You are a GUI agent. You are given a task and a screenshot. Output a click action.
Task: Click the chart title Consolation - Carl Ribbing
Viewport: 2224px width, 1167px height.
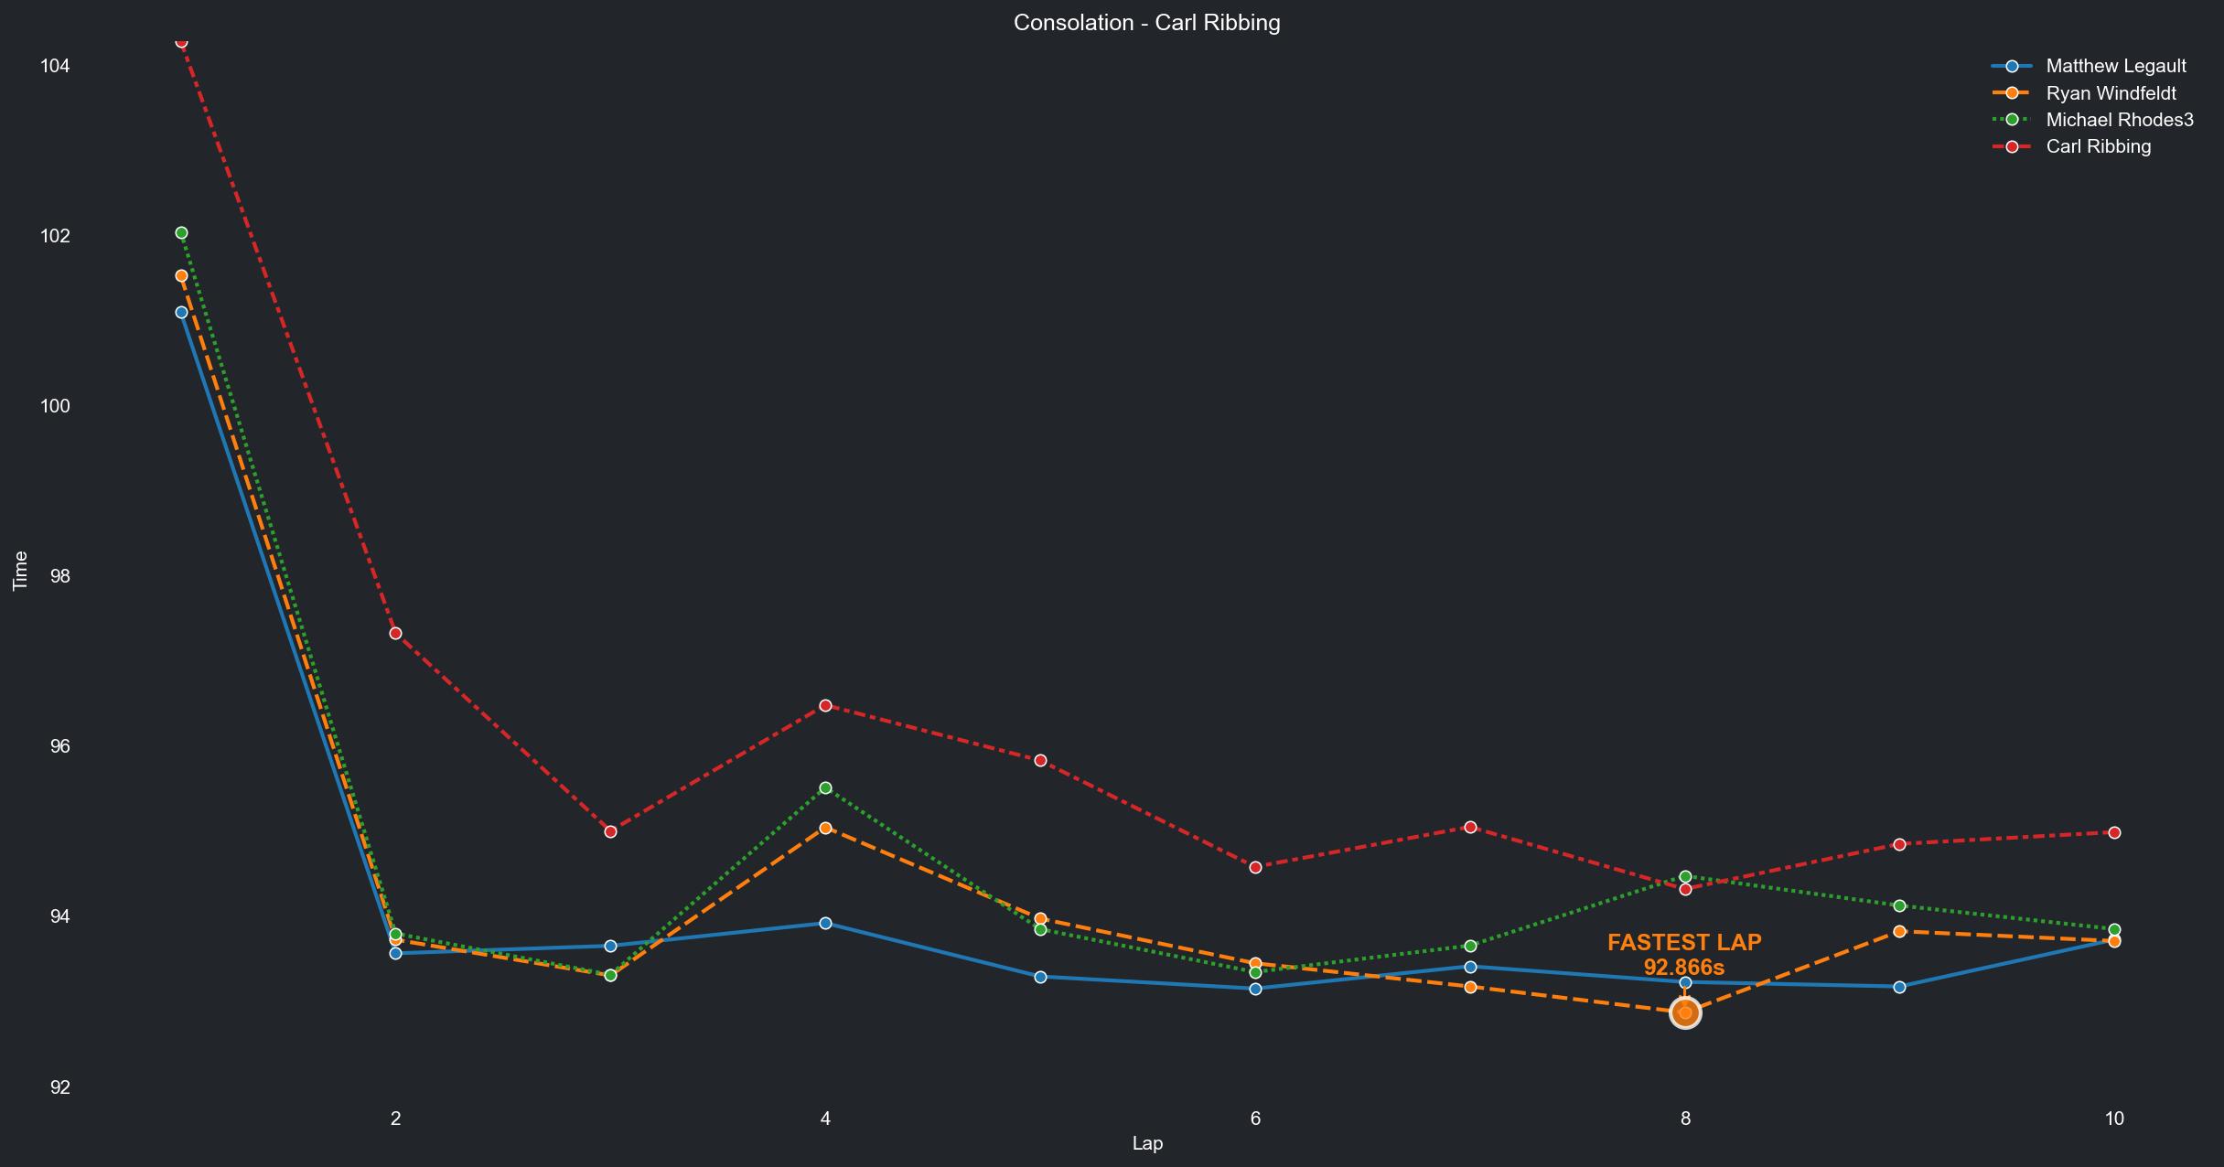click(x=1146, y=23)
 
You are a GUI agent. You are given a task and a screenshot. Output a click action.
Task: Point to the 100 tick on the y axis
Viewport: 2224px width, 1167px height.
click(x=55, y=406)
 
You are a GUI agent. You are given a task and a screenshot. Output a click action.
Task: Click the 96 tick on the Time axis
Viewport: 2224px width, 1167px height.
click(x=59, y=746)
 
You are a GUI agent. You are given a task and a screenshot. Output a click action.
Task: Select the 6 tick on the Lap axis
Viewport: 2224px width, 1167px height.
click(x=1255, y=1118)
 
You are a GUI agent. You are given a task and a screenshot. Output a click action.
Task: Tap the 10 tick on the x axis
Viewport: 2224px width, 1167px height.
click(x=2113, y=1118)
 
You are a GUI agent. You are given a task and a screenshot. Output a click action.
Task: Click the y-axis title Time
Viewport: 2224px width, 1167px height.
click(x=20, y=571)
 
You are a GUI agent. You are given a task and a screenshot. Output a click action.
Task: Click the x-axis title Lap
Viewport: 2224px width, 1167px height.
click(x=1147, y=1143)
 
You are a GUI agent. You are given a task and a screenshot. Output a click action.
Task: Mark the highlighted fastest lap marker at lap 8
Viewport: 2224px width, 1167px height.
click(x=1685, y=1013)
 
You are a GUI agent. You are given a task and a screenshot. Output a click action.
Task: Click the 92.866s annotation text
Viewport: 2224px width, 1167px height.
click(x=1683, y=968)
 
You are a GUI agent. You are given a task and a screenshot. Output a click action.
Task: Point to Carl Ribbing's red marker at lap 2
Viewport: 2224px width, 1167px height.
click(x=395, y=634)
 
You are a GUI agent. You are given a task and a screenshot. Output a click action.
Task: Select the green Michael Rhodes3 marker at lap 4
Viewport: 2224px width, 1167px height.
click(x=825, y=787)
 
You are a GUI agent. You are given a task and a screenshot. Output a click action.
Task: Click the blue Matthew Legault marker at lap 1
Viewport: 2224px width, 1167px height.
click(x=181, y=313)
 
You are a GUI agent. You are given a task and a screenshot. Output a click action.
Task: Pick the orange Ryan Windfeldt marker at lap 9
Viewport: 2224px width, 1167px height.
click(x=1899, y=931)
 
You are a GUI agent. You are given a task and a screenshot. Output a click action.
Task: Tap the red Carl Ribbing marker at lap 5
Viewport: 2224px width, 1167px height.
click(x=1040, y=761)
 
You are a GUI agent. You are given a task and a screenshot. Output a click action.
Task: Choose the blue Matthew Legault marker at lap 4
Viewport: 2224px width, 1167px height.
click(x=825, y=923)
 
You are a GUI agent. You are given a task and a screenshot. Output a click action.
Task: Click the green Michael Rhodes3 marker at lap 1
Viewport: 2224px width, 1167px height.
click(x=181, y=233)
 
